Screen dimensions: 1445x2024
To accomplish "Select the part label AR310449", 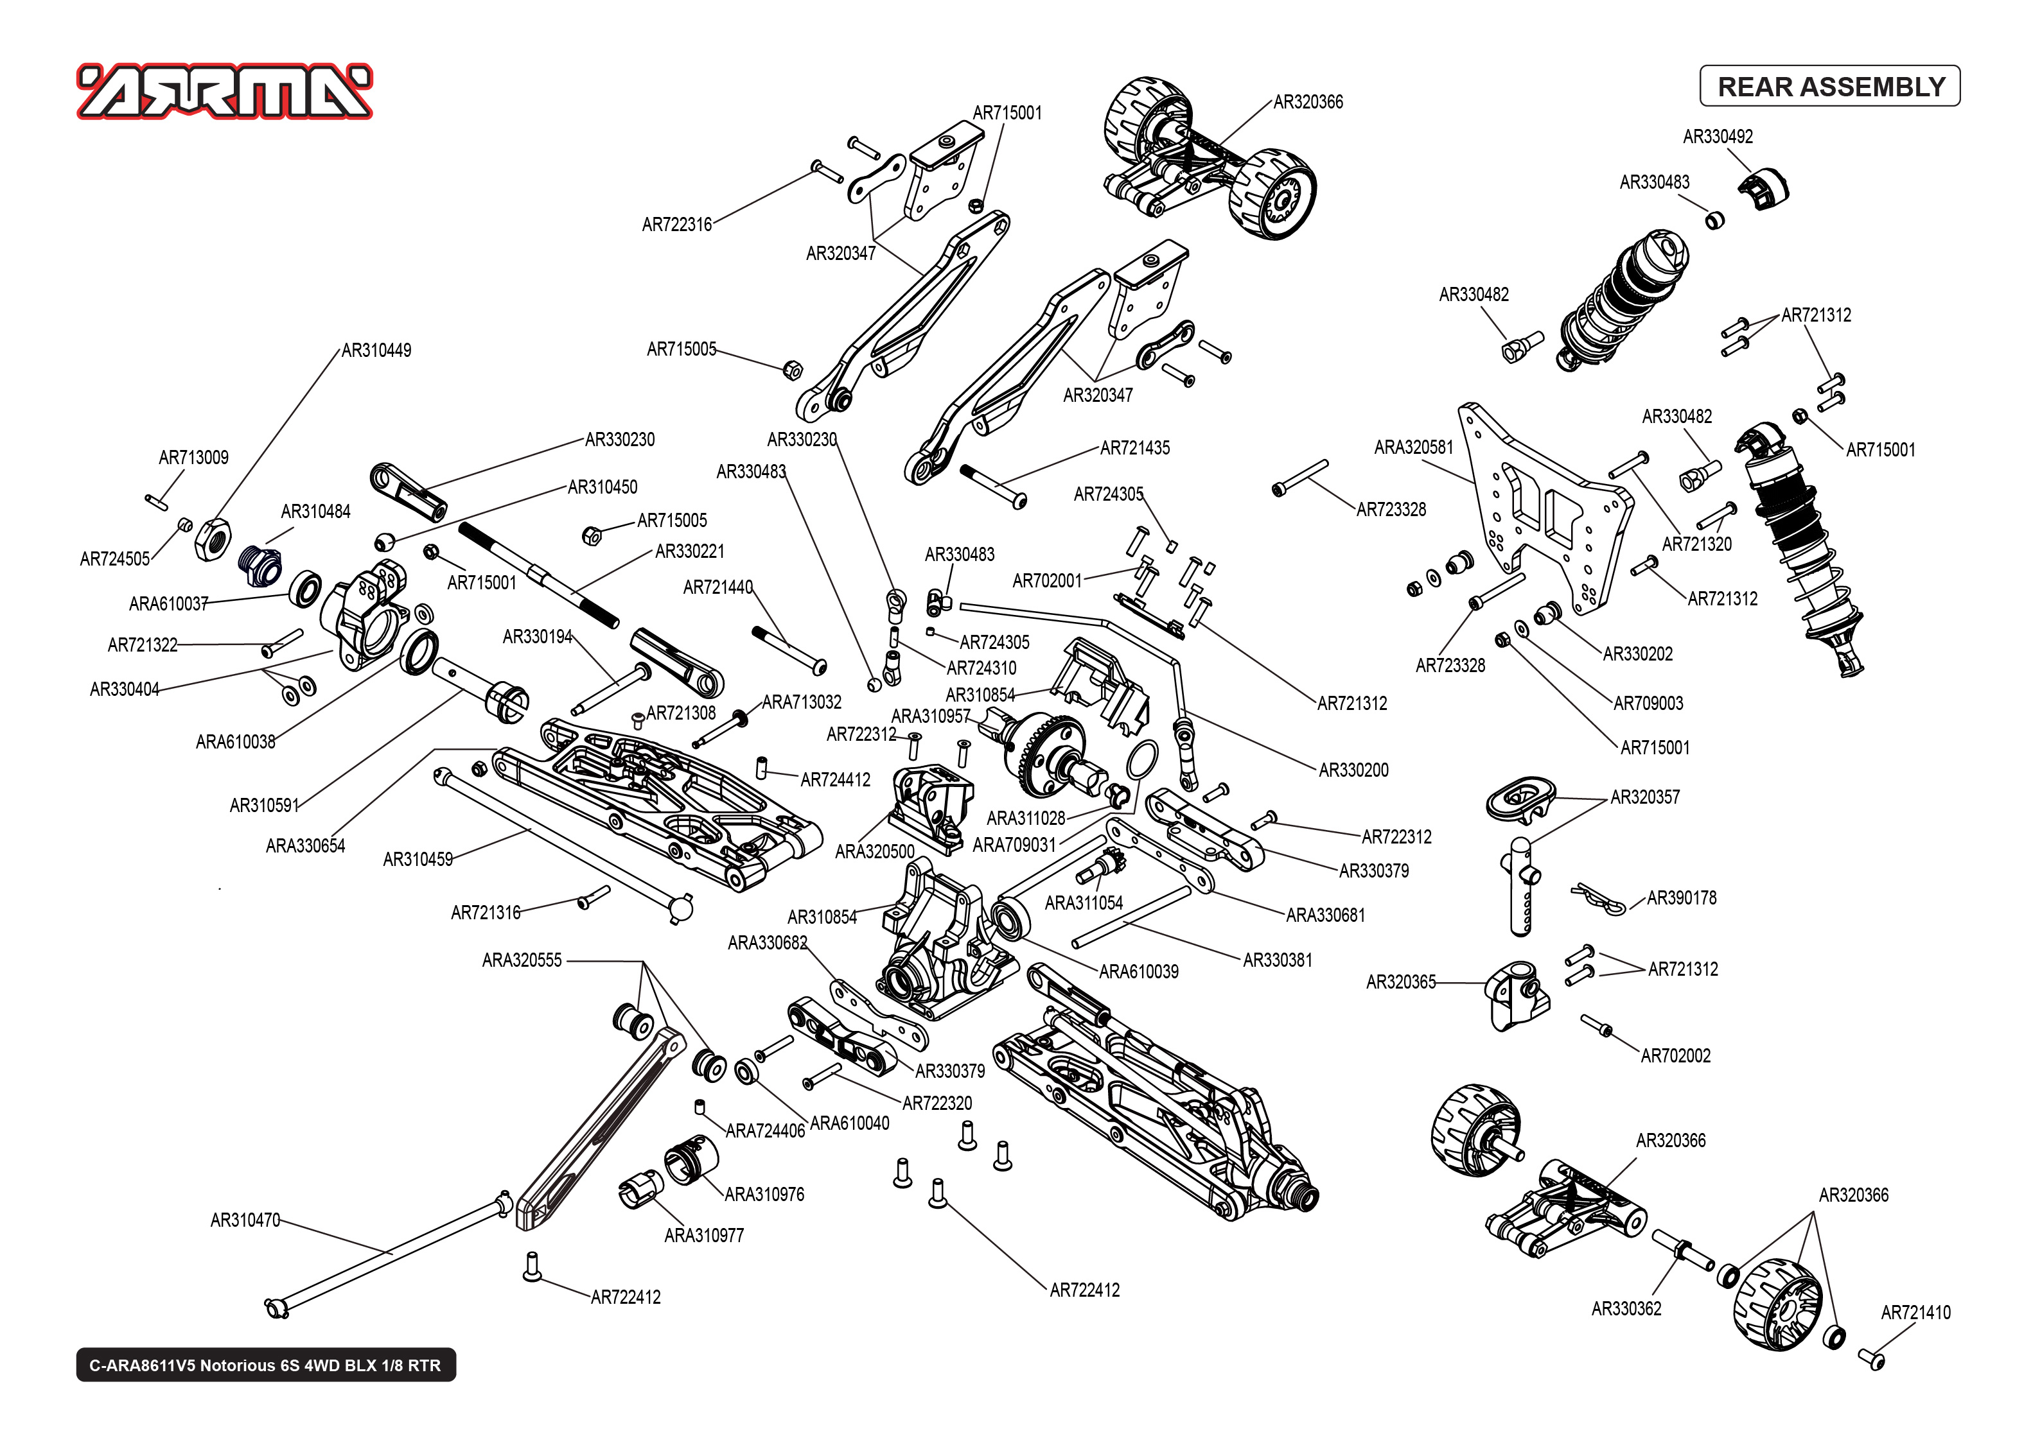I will (376, 350).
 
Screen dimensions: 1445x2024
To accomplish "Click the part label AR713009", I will (193, 457).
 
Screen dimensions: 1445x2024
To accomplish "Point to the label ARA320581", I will (1412, 447).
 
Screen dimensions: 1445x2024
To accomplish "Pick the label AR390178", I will (1680, 898).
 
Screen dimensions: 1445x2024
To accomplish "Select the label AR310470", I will (245, 1220).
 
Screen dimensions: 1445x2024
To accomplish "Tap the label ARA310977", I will (703, 1235).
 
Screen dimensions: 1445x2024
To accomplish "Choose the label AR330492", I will (1717, 137).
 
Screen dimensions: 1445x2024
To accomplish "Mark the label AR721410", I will (1915, 1312).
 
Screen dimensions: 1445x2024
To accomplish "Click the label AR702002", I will (1675, 1056).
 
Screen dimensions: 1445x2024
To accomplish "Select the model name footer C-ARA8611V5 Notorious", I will (265, 1365).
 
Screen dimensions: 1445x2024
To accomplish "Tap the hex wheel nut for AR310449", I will (214, 539).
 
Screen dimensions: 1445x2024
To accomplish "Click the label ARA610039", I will (1138, 972).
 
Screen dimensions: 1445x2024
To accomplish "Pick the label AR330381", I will (1276, 960).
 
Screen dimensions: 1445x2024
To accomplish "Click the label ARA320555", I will (522, 960).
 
